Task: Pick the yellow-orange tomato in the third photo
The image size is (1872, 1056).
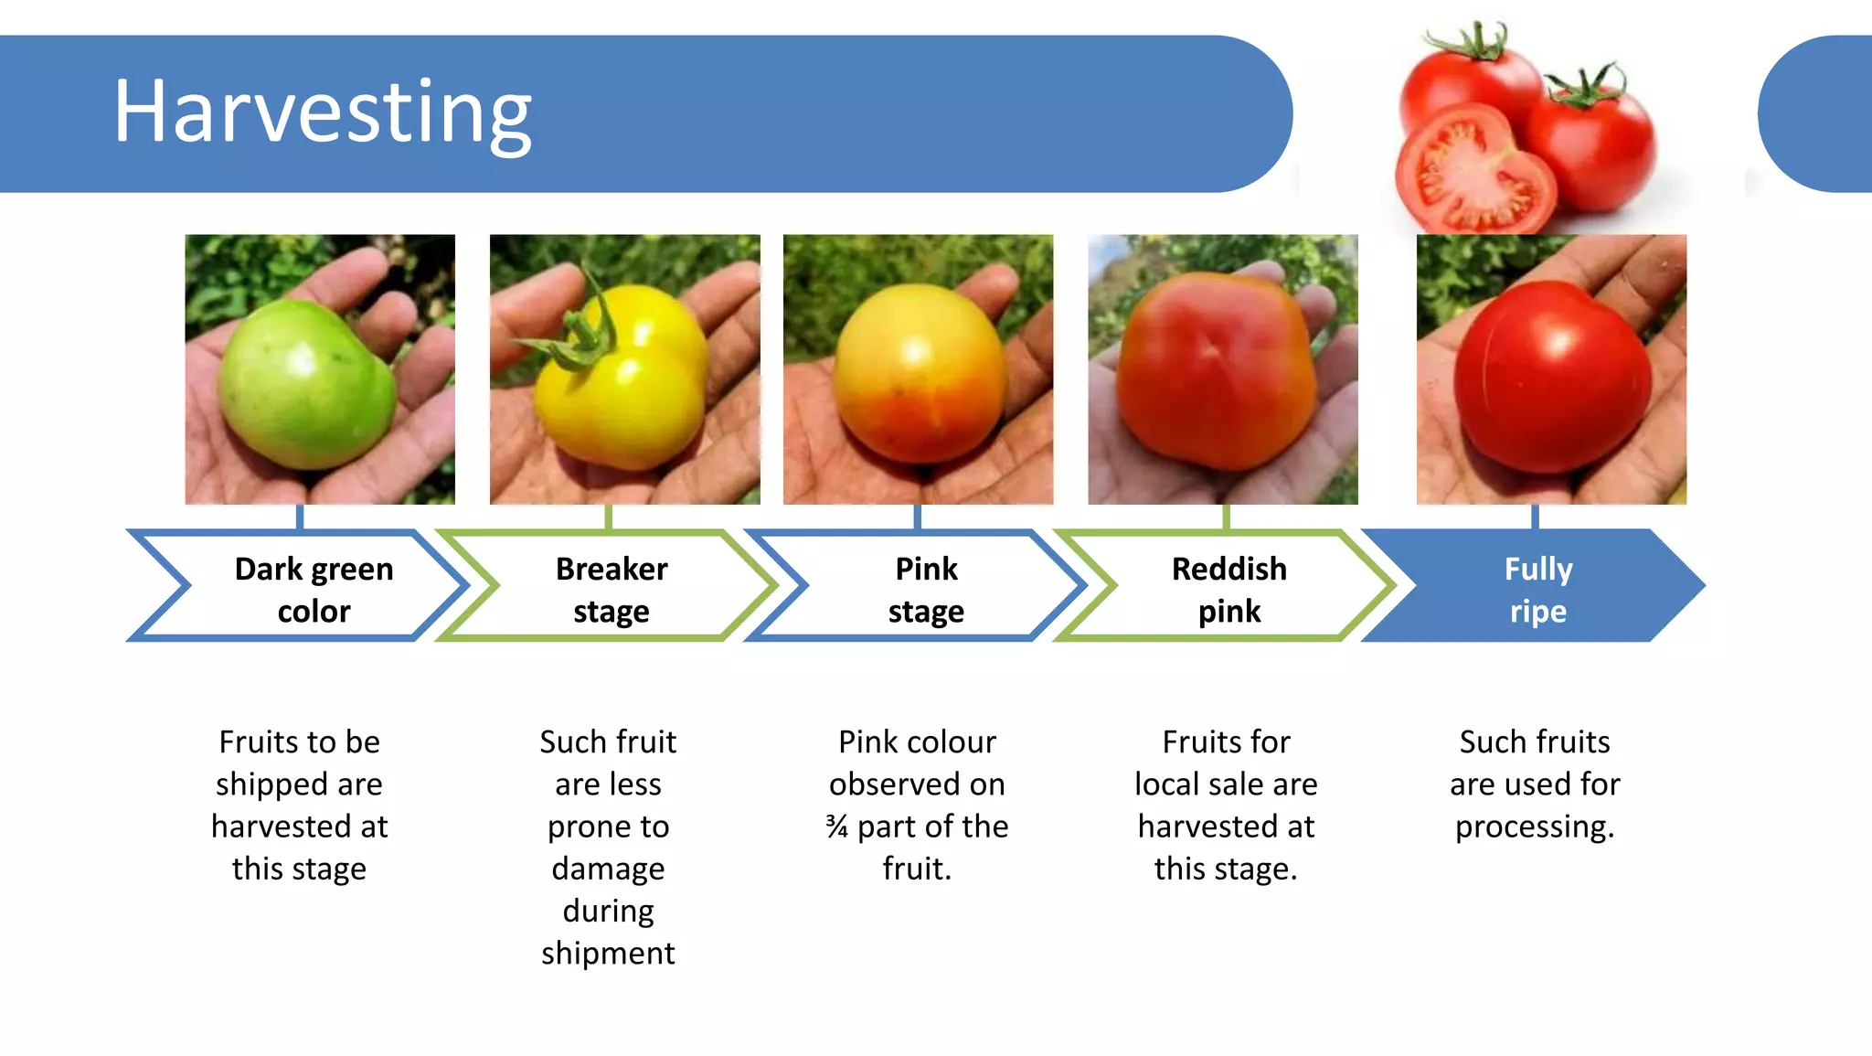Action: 919,375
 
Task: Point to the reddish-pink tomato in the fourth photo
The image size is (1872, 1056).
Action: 1216,370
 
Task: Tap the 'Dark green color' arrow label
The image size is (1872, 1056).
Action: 314,589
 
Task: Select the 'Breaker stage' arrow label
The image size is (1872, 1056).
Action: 612,589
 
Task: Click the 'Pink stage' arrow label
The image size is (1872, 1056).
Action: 926,589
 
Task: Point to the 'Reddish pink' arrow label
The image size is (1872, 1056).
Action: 1228,589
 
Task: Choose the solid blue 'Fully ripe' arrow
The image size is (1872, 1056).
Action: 1538,589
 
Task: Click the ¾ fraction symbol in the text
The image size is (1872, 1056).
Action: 836,827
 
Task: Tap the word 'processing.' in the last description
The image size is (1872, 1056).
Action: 1535,827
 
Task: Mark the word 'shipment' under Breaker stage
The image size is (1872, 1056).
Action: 608,953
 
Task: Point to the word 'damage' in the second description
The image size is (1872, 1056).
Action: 608,869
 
